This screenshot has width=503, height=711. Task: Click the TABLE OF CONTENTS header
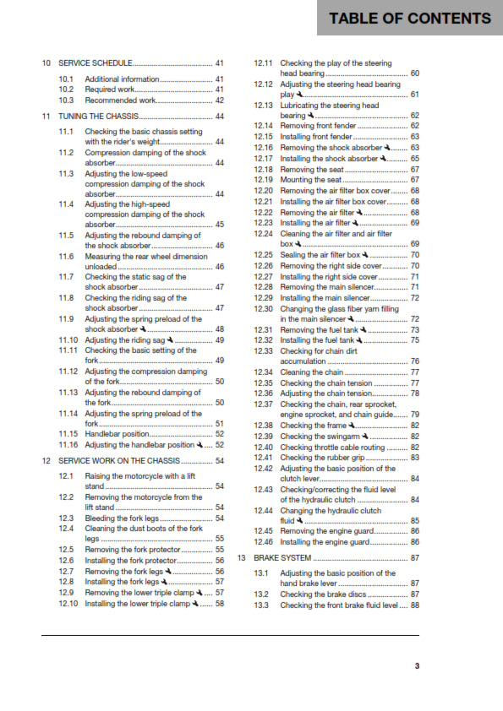pos(409,19)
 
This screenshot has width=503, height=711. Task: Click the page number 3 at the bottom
pos(416,666)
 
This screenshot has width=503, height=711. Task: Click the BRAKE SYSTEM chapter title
pos(284,558)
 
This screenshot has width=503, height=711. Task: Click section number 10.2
pos(66,90)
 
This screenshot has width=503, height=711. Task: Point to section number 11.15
pos(68,434)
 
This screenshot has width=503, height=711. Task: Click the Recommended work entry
pos(121,100)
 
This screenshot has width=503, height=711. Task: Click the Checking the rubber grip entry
pos(326,458)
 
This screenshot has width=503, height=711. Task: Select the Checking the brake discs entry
pos(323,594)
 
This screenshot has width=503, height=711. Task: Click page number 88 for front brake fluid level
pos(414,605)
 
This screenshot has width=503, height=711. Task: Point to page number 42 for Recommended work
pos(220,100)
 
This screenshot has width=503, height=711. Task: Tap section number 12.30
pos(263,308)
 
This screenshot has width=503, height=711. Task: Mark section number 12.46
pos(263,542)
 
